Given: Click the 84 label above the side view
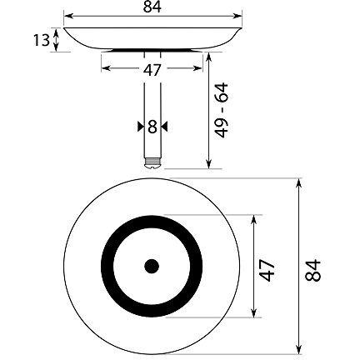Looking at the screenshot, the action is [x=152, y=7].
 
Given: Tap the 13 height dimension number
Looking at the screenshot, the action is [x=42, y=40].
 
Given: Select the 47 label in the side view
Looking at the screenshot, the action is [x=152, y=70].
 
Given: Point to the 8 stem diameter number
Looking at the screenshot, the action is [x=152, y=127].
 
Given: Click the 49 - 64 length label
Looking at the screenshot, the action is [x=222, y=110].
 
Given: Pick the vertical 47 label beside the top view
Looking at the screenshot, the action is [x=267, y=270].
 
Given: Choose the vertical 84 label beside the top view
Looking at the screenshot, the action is [x=312, y=271].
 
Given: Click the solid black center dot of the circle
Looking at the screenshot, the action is [x=152, y=266].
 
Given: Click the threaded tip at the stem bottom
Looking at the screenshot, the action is [x=152, y=163].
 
